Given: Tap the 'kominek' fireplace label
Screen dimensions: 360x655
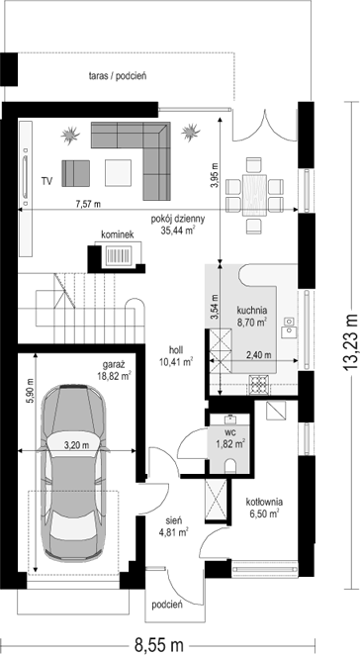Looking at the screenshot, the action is coord(117,235).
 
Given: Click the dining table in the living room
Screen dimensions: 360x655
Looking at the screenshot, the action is coord(255,195).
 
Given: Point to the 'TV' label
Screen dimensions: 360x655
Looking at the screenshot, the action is coord(46,181).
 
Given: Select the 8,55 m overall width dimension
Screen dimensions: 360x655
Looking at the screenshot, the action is coord(158,644).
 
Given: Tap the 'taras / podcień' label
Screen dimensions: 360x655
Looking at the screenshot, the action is coord(117,76).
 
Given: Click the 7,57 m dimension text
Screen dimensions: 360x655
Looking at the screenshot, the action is coord(88,204).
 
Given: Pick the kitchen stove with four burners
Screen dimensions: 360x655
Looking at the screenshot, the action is coord(259,385).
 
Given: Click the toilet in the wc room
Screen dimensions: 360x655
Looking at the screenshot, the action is coord(230,466).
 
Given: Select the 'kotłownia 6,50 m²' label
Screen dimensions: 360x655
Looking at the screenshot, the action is coord(264,507).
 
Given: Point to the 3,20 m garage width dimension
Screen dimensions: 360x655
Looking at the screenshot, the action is coord(76,445).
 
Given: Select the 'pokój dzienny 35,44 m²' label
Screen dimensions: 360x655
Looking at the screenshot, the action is coord(178,224).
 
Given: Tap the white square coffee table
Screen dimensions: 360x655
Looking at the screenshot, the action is coord(119,172).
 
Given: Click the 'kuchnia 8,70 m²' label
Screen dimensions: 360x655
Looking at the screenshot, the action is coord(252,316).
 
